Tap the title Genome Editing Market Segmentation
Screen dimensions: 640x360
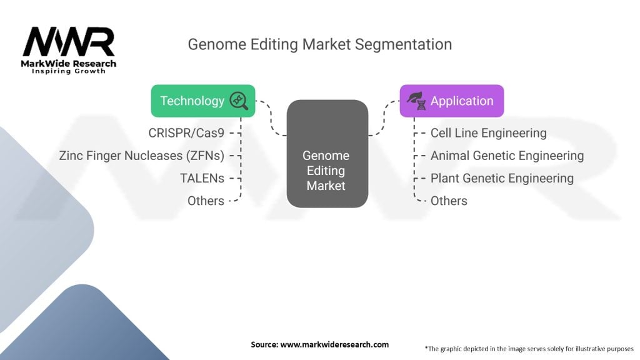point(319,44)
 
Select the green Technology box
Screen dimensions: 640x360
point(192,101)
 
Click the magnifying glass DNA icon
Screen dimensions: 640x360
point(239,101)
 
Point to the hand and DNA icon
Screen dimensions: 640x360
point(416,101)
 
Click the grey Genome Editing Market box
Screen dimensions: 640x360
point(326,154)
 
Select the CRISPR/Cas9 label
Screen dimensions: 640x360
point(186,133)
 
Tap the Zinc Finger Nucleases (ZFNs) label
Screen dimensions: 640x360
point(142,156)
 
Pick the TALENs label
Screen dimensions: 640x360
point(202,178)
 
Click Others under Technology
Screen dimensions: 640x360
point(206,201)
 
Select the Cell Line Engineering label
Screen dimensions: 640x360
point(488,133)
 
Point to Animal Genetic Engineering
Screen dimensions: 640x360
point(507,156)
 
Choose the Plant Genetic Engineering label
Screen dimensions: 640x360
point(502,178)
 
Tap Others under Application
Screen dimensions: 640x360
point(449,201)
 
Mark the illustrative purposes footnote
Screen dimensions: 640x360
point(529,348)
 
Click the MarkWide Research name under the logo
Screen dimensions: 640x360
point(69,64)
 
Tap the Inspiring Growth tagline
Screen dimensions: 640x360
point(69,71)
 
